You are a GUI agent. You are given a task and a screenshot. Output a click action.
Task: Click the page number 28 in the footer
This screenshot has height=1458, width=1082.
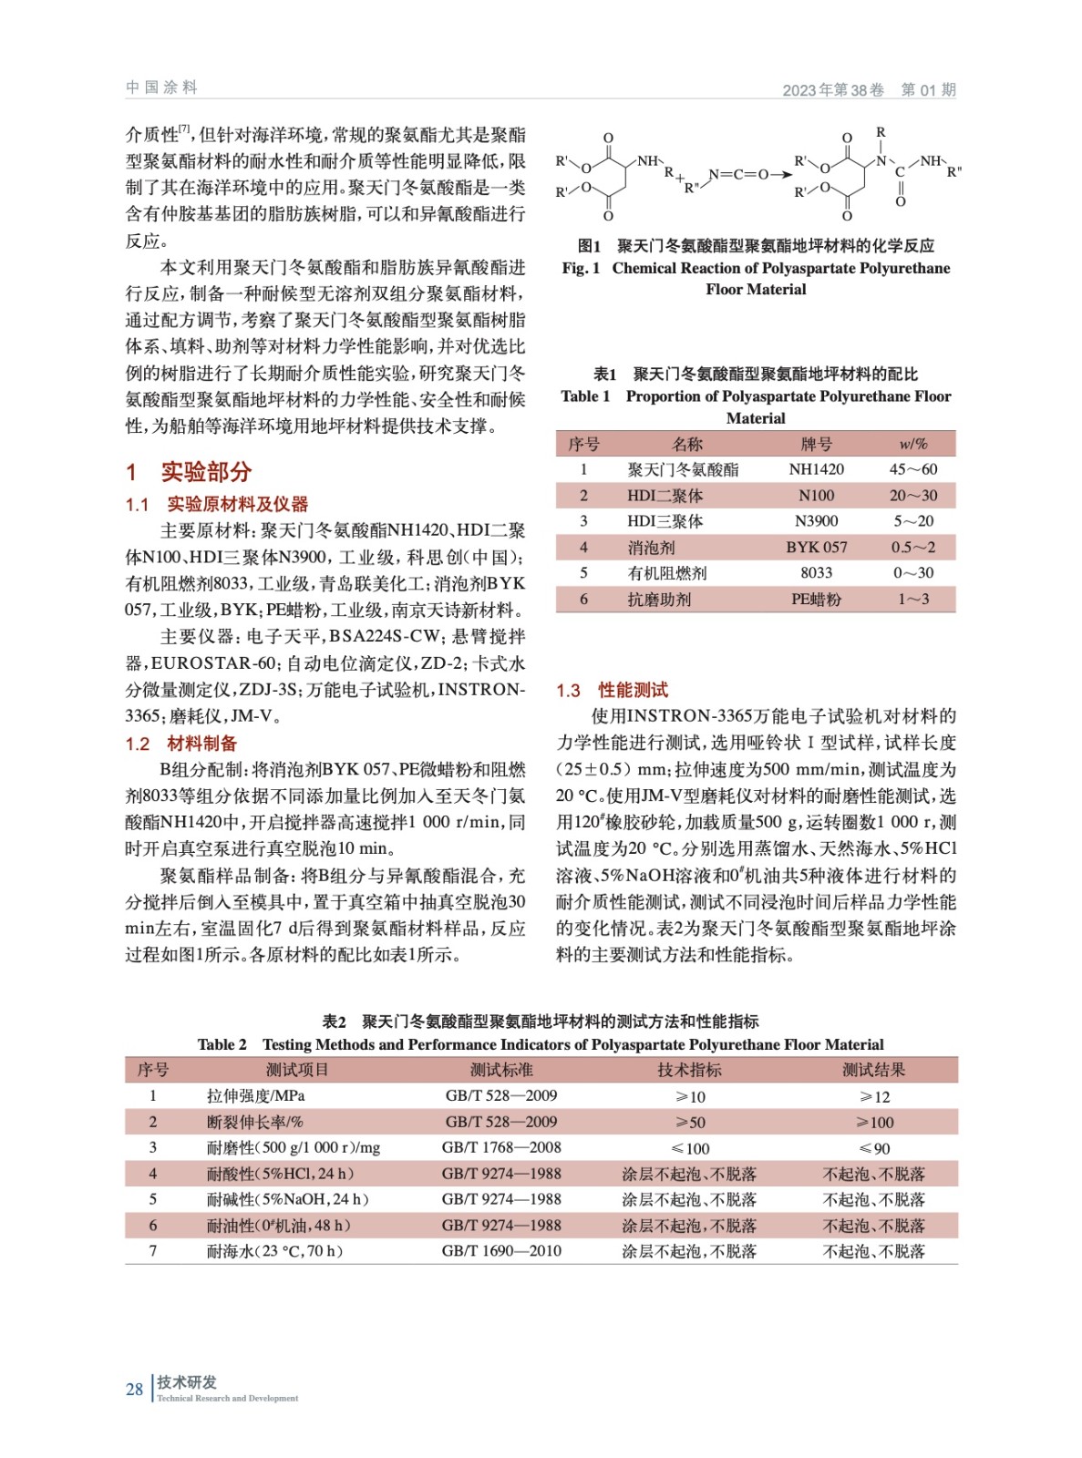click(x=134, y=1389)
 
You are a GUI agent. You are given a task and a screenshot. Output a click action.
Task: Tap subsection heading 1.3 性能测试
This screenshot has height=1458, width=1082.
click(x=612, y=690)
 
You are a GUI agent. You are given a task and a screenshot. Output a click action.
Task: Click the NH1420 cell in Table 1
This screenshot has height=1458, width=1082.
click(x=816, y=469)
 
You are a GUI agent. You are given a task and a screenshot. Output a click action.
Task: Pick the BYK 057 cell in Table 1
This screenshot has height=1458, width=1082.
click(x=816, y=547)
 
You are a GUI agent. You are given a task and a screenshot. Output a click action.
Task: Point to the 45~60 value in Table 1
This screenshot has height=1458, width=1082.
click(x=912, y=469)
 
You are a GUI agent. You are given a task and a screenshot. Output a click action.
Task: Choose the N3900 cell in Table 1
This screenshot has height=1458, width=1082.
click(x=816, y=521)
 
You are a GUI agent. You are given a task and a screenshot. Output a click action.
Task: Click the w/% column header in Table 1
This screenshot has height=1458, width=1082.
click(x=912, y=444)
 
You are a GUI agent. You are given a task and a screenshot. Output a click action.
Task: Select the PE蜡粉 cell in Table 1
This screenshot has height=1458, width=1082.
click(x=816, y=599)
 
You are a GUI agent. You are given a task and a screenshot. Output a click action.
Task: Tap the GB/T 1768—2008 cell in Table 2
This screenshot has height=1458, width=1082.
click(x=501, y=1147)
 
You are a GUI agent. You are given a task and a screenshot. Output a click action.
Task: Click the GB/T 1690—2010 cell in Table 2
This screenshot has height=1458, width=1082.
click(x=501, y=1251)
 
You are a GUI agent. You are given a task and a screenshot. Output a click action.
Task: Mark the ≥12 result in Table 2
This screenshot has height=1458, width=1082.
click(x=874, y=1096)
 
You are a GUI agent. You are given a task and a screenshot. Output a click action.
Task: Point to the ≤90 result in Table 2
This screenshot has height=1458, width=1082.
click(x=874, y=1148)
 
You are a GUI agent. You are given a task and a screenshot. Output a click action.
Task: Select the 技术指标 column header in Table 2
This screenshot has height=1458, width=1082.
click(x=689, y=1070)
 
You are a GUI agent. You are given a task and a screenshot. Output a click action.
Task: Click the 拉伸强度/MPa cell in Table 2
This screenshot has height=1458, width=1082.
click(x=255, y=1095)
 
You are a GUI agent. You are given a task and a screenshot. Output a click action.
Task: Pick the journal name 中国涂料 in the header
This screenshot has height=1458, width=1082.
click(x=161, y=87)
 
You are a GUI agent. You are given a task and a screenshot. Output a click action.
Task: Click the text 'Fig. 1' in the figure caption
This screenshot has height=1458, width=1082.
click(x=581, y=268)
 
